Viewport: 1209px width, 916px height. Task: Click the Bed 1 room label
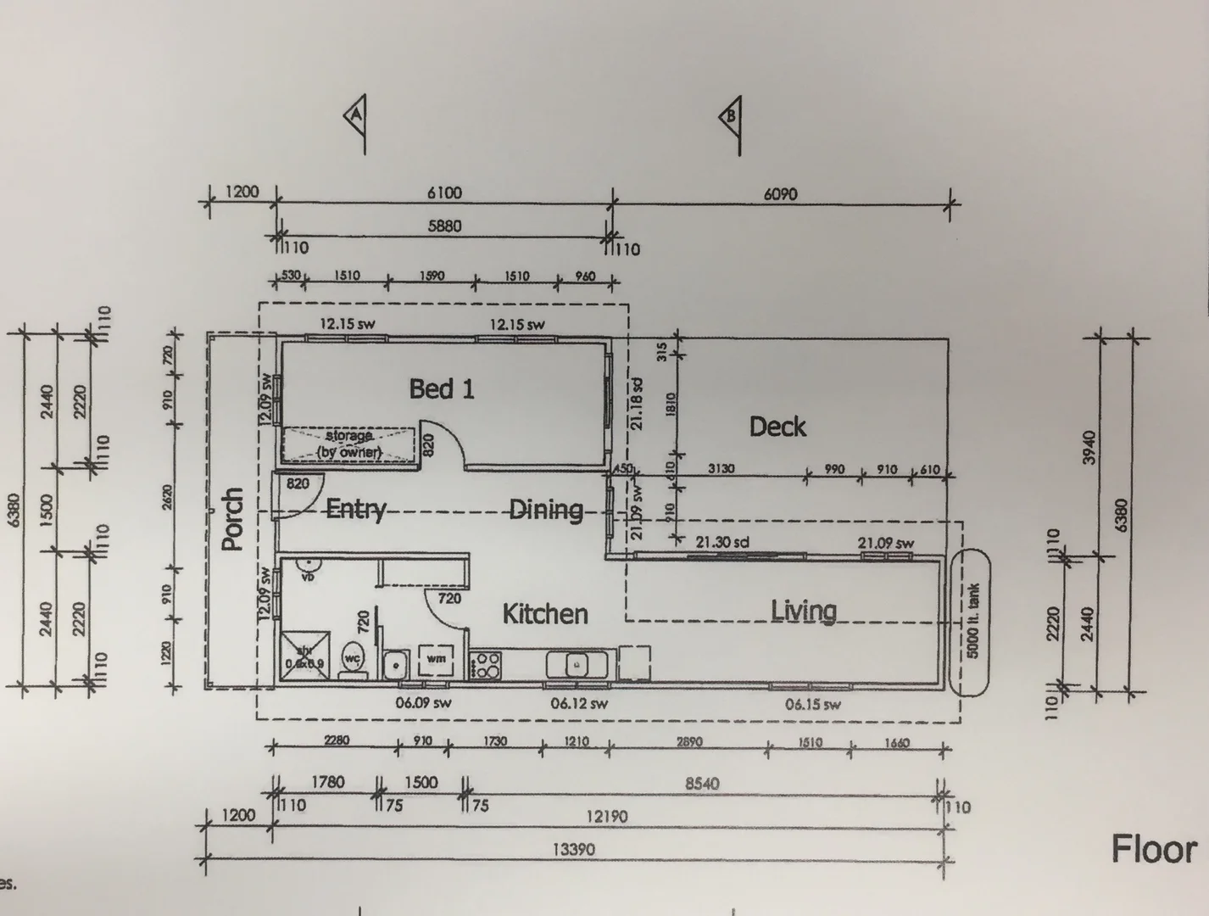442,389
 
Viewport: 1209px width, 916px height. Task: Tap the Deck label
777,427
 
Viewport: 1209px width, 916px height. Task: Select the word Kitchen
544,614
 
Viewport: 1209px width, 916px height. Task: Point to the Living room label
804,611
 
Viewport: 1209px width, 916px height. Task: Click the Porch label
232,518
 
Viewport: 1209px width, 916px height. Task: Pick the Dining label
546,510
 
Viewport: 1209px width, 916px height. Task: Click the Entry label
356,510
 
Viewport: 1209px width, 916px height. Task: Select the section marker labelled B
729,116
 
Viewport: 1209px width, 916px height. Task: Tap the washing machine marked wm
437,658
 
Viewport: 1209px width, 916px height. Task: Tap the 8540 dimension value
702,784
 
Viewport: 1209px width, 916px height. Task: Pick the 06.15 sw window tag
812,704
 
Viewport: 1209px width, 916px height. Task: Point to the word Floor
1154,848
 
